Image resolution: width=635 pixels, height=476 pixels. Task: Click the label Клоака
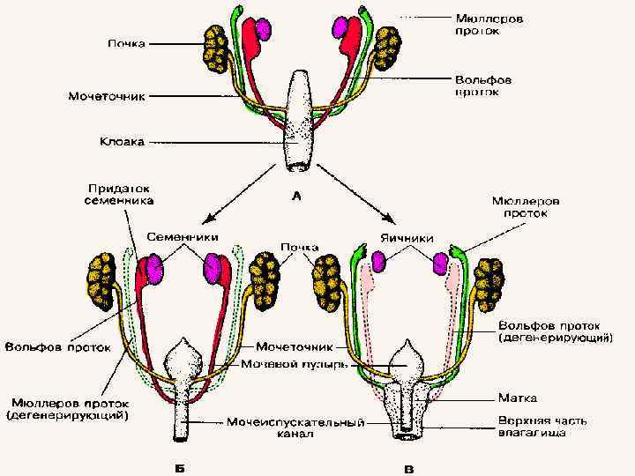(x=121, y=139)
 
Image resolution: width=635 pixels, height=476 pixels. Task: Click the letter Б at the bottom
(x=181, y=465)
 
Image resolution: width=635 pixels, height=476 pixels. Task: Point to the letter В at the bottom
(x=407, y=465)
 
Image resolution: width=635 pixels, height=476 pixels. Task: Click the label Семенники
(x=183, y=238)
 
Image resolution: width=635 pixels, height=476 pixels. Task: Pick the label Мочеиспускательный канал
(x=295, y=428)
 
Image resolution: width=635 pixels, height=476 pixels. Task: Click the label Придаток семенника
(x=121, y=194)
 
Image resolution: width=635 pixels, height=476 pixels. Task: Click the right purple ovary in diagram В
(x=441, y=264)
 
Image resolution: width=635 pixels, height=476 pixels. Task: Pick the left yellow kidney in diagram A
(x=215, y=48)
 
